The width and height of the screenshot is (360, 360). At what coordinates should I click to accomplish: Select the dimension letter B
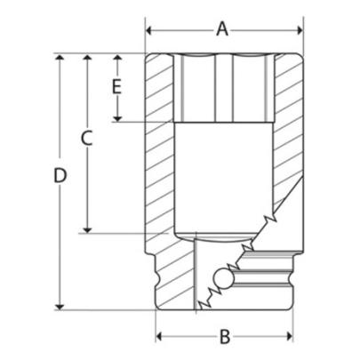(x=225, y=336)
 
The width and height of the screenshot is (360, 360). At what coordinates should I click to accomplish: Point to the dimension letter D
(x=60, y=176)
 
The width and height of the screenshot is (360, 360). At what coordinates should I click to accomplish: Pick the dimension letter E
(x=116, y=86)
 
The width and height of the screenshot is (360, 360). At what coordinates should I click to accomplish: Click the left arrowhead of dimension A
(x=150, y=29)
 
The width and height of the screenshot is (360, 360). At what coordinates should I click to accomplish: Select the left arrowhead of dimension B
(x=161, y=337)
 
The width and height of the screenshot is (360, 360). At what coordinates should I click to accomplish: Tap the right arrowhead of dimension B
(x=289, y=337)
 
